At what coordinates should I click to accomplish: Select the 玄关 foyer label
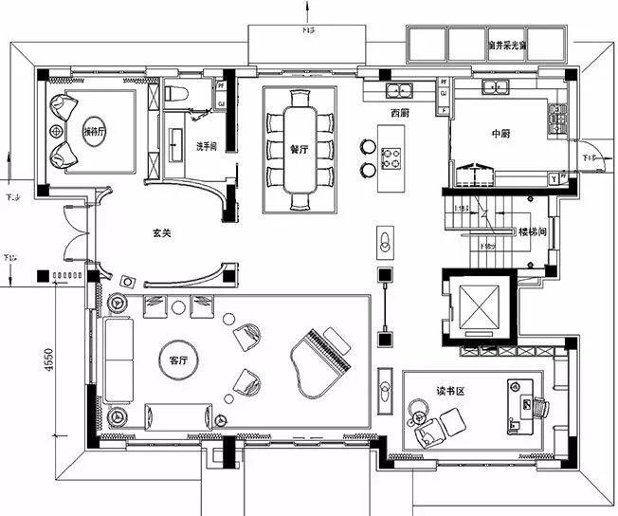coord(162,231)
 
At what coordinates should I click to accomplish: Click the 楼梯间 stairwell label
coord(530,231)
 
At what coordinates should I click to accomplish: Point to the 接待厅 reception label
coord(95,131)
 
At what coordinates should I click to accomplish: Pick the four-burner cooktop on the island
coord(391,157)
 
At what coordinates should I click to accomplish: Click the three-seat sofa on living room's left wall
coord(118,360)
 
